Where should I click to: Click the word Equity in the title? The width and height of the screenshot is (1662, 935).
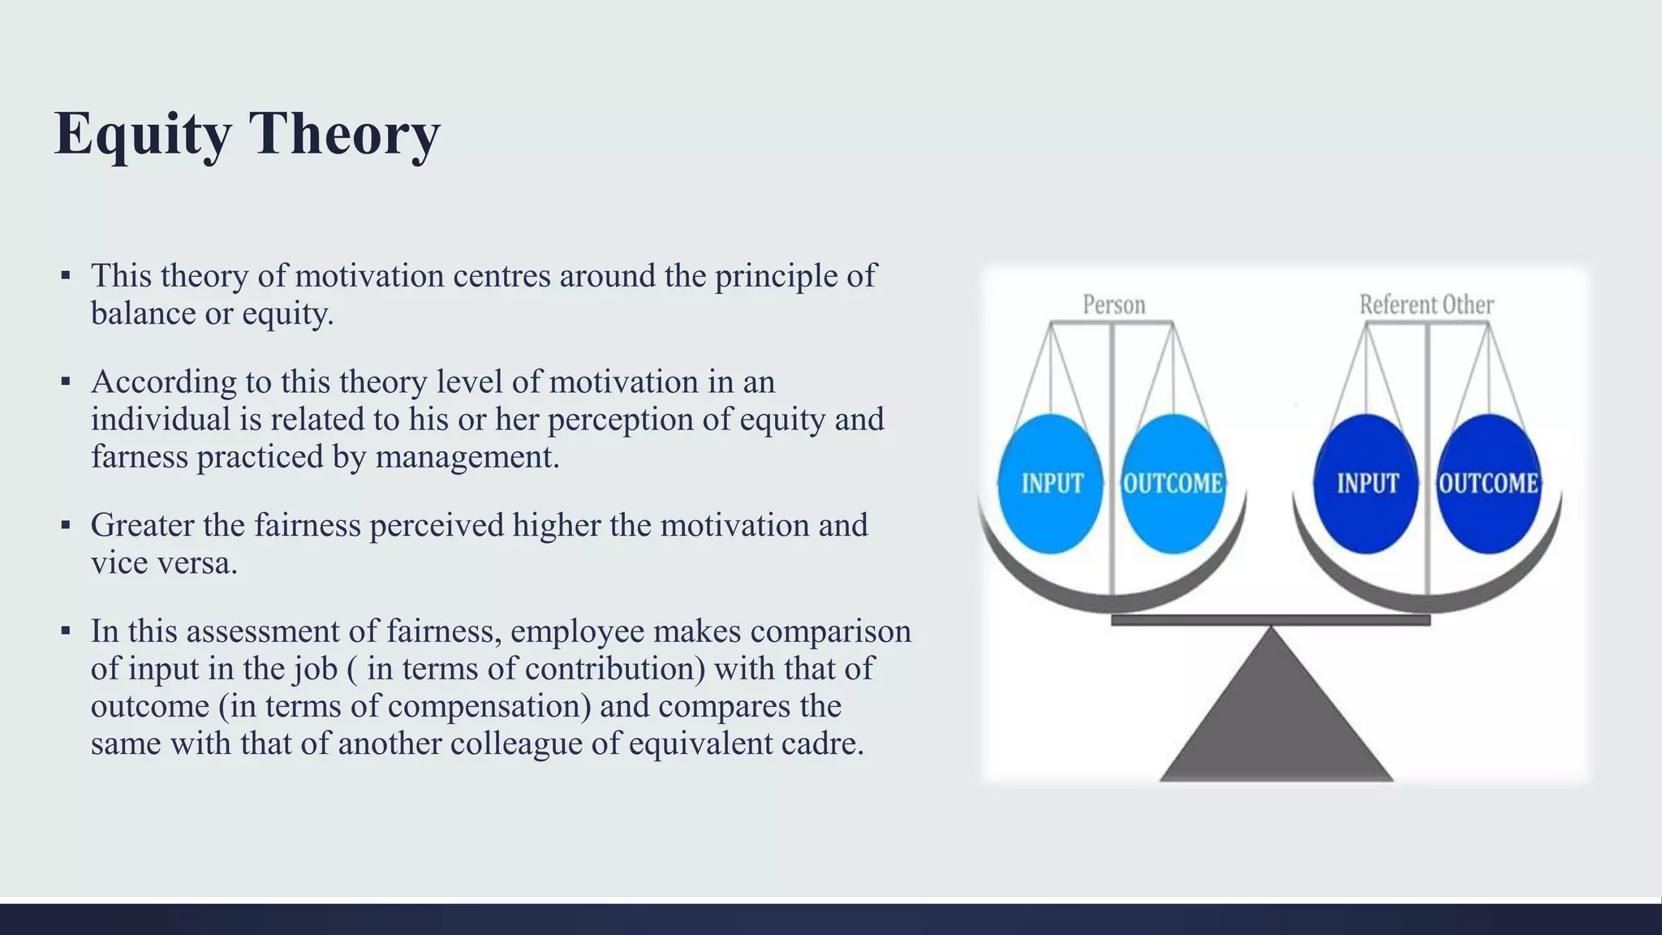(143, 133)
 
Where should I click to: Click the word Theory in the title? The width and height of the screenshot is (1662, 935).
(344, 133)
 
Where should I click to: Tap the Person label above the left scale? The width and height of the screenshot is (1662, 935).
(1113, 305)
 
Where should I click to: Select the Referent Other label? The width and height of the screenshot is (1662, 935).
(1426, 305)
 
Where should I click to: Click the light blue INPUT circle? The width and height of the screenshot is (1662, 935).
(1051, 484)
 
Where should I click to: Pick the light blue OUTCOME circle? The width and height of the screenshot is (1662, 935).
(1173, 484)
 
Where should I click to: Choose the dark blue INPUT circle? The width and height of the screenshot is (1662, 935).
(1367, 484)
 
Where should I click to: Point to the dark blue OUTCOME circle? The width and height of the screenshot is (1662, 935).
(1488, 484)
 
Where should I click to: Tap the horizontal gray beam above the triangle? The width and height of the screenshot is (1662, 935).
(1270, 620)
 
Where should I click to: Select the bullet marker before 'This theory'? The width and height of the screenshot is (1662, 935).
(66, 276)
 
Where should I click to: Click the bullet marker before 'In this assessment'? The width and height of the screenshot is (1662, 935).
(66, 631)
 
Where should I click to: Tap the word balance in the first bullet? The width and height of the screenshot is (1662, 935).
(143, 313)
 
